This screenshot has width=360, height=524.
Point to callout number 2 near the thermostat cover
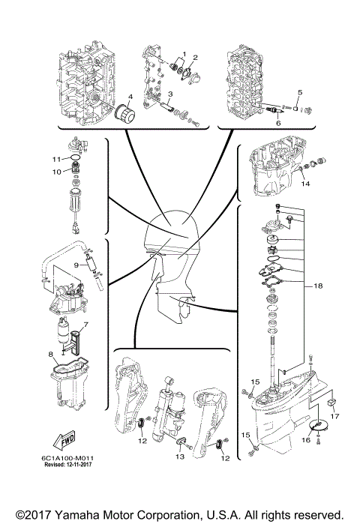tap(195, 58)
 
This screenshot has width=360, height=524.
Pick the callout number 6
tap(85, 325)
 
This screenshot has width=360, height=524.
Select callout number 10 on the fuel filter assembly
tap(75, 266)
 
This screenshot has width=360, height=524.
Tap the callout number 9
tap(55, 172)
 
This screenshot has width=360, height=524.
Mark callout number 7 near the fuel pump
tap(55, 160)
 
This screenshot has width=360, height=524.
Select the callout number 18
tap(305, 184)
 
